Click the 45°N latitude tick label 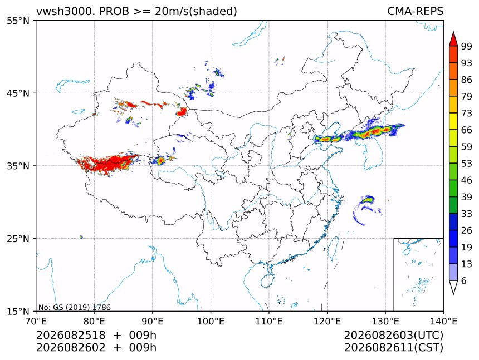[x=18, y=93]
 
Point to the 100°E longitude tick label [x=211, y=321]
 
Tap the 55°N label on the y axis [x=18, y=21]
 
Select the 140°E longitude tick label [x=443, y=321]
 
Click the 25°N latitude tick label [x=18, y=238]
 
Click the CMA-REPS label [x=415, y=11]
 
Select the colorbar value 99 [x=467, y=46]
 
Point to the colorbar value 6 [x=464, y=280]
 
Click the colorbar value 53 [x=467, y=164]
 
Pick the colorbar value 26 [x=467, y=230]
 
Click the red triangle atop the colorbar [x=453, y=39]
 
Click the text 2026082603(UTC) [x=393, y=335]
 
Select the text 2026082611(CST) [x=393, y=348]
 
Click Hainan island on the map [x=268, y=280]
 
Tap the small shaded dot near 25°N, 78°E [x=81, y=236]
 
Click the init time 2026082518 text [x=71, y=335]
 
